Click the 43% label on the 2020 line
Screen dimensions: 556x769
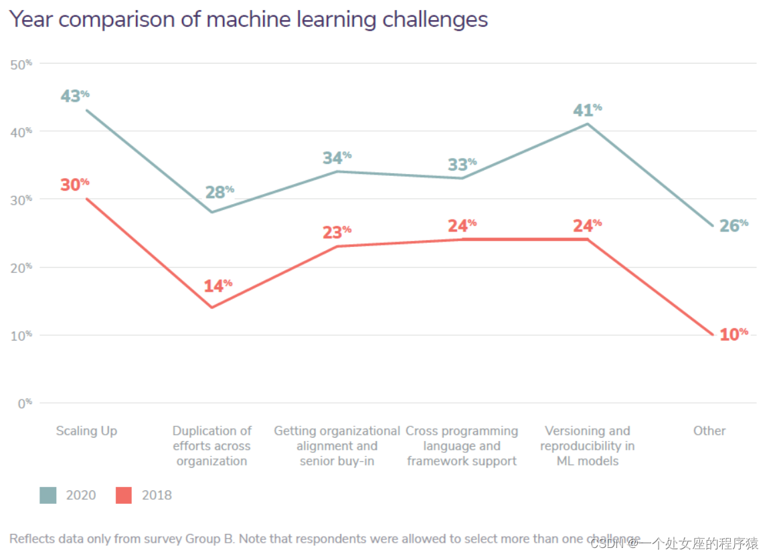pos(74,96)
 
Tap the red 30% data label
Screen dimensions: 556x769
pos(74,185)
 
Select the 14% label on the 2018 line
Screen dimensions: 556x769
pos(218,286)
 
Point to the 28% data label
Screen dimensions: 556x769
pos(220,192)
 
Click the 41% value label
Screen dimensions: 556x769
pos(587,110)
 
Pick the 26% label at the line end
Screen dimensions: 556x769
pos(734,225)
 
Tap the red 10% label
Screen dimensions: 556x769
pos(734,334)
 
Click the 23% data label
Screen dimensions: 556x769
pos(337,232)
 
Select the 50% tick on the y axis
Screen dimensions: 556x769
pos(21,64)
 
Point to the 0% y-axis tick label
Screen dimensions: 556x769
pos(23,403)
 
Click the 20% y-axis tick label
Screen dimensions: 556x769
pos(21,267)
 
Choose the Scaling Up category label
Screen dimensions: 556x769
pos(86,431)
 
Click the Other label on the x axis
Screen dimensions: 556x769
pos(709,431)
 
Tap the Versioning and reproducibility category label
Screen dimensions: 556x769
pos(587,446)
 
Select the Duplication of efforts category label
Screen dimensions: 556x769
pos(211,446)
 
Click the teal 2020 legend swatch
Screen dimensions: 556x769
pos(48,495)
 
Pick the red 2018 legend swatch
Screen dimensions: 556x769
pos(124,495)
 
